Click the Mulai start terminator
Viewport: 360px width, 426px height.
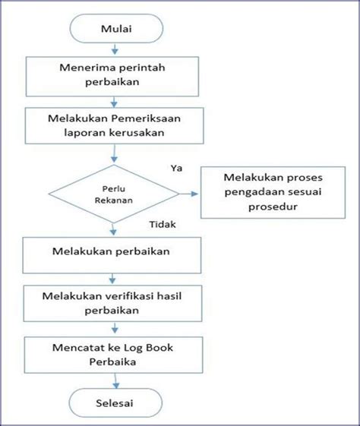point(116,29)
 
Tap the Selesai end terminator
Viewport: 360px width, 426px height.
point(115,402)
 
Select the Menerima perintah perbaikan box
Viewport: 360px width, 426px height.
point(112,77)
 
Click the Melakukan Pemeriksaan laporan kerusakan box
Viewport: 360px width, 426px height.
point(115,125)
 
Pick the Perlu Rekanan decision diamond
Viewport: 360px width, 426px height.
point(114,194)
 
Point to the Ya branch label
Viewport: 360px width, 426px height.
point(176,168)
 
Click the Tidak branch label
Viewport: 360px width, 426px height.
point(163,225)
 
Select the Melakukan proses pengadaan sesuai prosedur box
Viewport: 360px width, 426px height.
point(273,192)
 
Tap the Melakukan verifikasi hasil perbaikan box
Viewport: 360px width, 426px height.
point(112,303)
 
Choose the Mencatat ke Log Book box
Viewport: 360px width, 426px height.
point(114,355)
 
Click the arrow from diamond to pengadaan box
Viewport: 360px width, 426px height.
point(188,194)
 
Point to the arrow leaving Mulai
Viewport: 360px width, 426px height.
point(115,49)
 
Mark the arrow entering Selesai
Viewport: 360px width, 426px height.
point(116,381)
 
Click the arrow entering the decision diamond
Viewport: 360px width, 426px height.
point(115,153)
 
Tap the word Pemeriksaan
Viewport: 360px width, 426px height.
point(146,118)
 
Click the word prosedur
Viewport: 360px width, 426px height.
point(273,207)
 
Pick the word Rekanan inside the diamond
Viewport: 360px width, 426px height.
point(114,200)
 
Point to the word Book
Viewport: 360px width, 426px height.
point(159,348)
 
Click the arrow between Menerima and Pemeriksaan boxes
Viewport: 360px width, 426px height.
point(114,102)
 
